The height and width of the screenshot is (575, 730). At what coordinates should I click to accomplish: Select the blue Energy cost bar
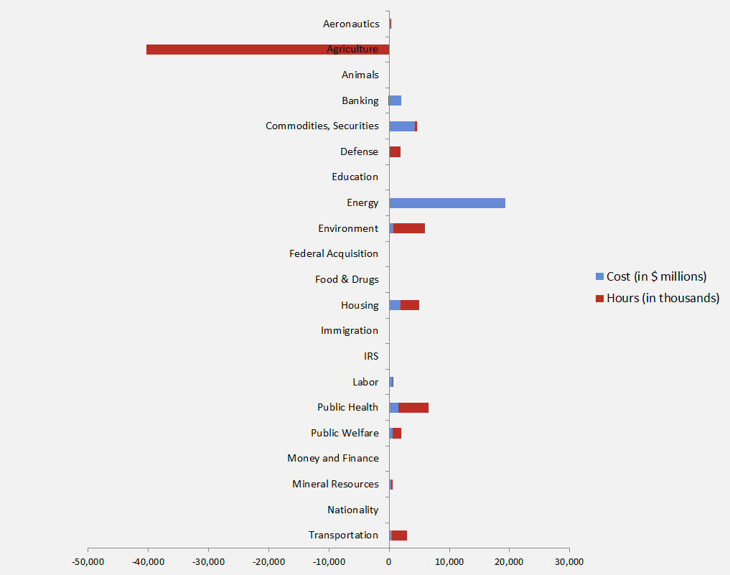click(x=447, y=203)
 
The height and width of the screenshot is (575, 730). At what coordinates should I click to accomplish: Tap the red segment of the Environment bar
click(x=409, y=228)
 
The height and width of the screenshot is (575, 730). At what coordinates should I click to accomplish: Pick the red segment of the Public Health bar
click(x=413, y=408)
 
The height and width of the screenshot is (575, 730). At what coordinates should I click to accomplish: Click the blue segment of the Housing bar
click(x=395, y=305)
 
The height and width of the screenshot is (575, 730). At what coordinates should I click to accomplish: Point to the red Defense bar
click(x=395, y=152)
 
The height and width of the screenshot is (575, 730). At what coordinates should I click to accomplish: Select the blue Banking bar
click(x=396, y=100)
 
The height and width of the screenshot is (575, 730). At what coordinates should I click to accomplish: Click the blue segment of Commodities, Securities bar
click(x=402, y=126)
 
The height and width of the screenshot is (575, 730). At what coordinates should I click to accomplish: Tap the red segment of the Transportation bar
click(x=399, y=536)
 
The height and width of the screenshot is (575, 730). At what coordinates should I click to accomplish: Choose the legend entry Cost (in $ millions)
click(x=656, y=276)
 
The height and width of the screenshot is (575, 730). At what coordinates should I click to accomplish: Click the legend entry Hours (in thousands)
click(x=662, y=298)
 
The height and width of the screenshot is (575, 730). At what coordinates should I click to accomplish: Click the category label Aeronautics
click(x=351, y=24)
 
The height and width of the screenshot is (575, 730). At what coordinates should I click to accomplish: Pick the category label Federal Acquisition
click(x=334, y=253)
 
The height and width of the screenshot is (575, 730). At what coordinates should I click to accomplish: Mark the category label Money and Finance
click(x=333, y=458)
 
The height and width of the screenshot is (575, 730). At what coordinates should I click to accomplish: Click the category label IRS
click(x=371, y=356)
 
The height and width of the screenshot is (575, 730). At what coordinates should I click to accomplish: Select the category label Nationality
click(x=352, y=510)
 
